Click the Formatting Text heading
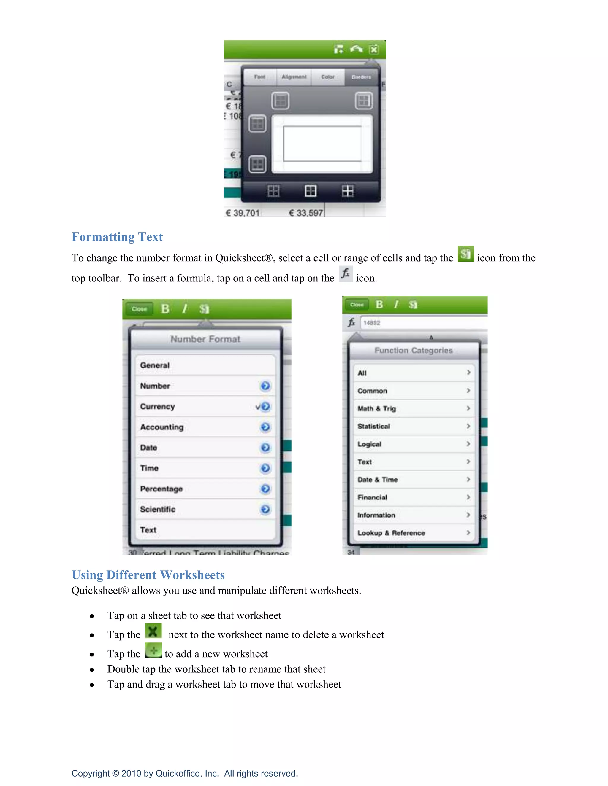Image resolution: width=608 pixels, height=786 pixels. [117, 237]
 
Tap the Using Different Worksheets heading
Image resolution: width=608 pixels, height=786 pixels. [148, 575]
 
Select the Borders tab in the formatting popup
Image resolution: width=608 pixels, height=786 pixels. [361, 77]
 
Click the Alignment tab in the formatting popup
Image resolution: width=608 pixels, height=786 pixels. [294, 77]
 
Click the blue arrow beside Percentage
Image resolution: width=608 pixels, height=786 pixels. [265, 489]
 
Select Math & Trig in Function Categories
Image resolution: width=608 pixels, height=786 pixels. [376, 408]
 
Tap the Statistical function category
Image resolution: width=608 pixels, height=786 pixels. [373, 427]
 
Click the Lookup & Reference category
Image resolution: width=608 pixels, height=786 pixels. [391, 533]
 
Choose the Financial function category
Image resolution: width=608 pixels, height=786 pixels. [372, 497]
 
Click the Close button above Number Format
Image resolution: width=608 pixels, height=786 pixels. [139, 309]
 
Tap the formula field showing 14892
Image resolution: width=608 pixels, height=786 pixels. [422, 323]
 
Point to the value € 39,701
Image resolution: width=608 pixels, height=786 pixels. [243, 213]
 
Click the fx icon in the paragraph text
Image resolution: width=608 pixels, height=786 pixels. [346, 274]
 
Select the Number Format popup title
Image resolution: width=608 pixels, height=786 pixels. [205, 339]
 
